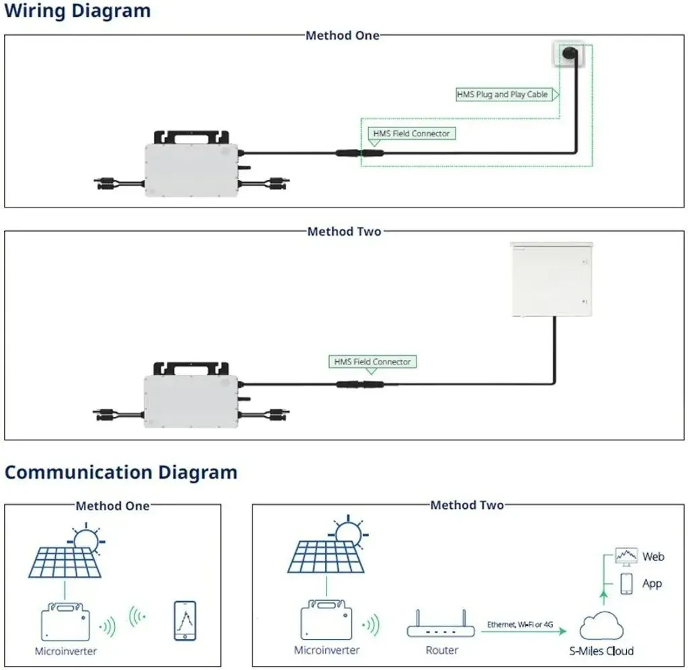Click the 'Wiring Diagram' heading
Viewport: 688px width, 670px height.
tap(77, 11)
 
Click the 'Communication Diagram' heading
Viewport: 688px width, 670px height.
tap(121, 472)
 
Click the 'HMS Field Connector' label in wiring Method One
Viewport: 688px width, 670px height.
tap(411, 134)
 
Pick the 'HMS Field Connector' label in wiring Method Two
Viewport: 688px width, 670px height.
tap(372, 362)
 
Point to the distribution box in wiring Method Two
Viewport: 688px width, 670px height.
tap(552, 279)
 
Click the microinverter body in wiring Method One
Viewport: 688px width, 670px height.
tap(191, 171)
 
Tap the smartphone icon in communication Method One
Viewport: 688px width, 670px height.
tap(185, 621)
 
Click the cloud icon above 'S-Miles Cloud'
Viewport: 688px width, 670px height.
tap(601, 626)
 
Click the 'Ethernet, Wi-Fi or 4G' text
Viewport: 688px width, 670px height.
tap(520, 624)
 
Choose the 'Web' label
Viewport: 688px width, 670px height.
tap(653, 557)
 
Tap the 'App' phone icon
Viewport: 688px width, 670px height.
tap(627, 583)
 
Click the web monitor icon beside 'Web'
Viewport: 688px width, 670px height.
tap(626, 557)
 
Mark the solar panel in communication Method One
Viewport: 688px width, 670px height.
tap(65, 562)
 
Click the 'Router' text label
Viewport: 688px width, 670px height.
tap(442, 651)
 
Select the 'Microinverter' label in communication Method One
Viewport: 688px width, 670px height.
tap(66, 651)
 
